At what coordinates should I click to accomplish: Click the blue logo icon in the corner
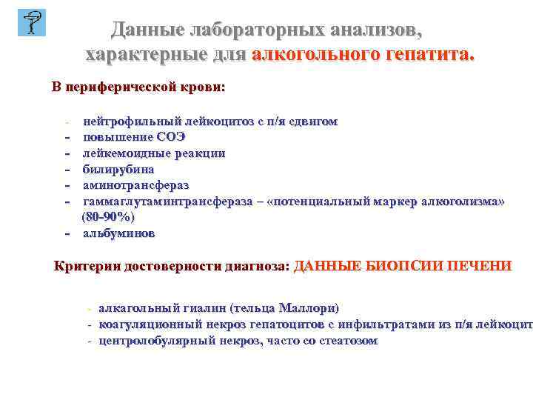(x=31, y=22)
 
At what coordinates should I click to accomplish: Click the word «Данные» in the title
(x=147, y=30)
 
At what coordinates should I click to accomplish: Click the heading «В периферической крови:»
(x=138, y=87)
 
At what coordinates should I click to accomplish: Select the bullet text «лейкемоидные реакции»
(x=154, y=153)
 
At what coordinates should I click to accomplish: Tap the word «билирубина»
(x=118, y=169)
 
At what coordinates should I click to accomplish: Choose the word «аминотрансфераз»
(x=136, y=185)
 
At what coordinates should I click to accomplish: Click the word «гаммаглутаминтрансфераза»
(x=175, y=201)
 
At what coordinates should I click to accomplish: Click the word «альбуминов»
(x=118, y=233)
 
